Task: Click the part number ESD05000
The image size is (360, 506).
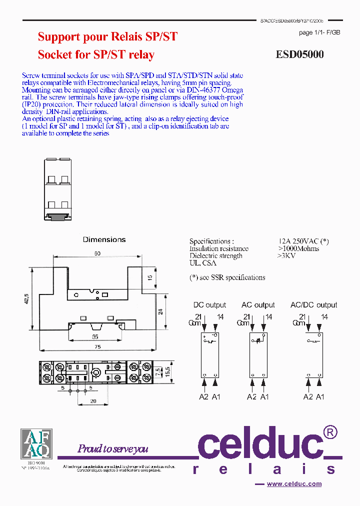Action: click(x=299, y=54)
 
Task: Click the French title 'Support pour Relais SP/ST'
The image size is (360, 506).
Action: click(x=107, y=36)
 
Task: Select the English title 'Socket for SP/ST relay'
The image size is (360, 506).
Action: click(x=96, y=54)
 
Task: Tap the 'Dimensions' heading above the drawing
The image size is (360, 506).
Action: click(x=104, y=240)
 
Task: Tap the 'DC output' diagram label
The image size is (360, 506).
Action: click(x=209, y=305)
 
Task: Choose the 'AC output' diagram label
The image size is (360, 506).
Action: click(x=258, y=305)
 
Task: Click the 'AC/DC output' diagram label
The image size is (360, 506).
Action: click(x=313, y=305)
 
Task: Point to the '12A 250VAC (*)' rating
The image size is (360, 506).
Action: click(x=303, y=241)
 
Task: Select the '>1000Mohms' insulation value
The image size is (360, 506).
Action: click(x=298, y=248)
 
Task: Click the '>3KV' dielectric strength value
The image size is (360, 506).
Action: click(x=286, y=256)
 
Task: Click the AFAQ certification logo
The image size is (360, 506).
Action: click(x=35, y=443)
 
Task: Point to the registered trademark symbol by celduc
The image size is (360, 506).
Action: click(x=330, y=431)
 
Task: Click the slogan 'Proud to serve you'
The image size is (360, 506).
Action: click(x=113, y=448)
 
